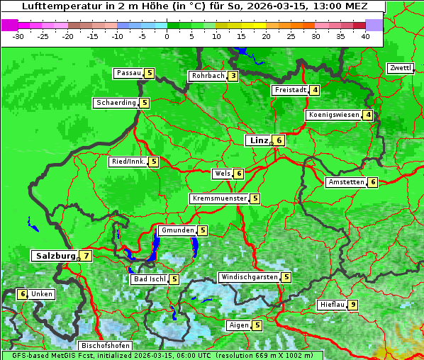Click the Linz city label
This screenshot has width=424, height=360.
click(x=258, y=140)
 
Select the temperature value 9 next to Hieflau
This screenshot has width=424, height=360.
click(x=353, y=305)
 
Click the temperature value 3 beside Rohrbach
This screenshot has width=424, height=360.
click(x=233, y=76)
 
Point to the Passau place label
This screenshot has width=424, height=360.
click(x=128, y=73)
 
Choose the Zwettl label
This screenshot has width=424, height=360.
click(x=400, y=68)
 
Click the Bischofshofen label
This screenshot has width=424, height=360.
click(x=106, y=345)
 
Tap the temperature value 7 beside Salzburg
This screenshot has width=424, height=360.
click(x=86, y=256)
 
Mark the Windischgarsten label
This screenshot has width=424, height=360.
click(x=248, y=277)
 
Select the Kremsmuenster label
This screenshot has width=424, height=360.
click(x=219, y=198)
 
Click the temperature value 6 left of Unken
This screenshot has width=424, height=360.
click(x=22, y=294)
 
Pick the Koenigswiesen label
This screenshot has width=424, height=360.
click(x=333, y=115)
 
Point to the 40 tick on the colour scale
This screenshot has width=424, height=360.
click(x=364, y=35)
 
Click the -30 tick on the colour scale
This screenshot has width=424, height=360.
click(x=18, y=35)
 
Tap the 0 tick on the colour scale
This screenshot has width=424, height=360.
click(x=167, y=35)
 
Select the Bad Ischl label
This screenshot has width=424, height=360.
click(x=149, y=279)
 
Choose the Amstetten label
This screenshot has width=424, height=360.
click(x=345, y=182)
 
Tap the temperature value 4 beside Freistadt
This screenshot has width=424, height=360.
click(x=315, y=90)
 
